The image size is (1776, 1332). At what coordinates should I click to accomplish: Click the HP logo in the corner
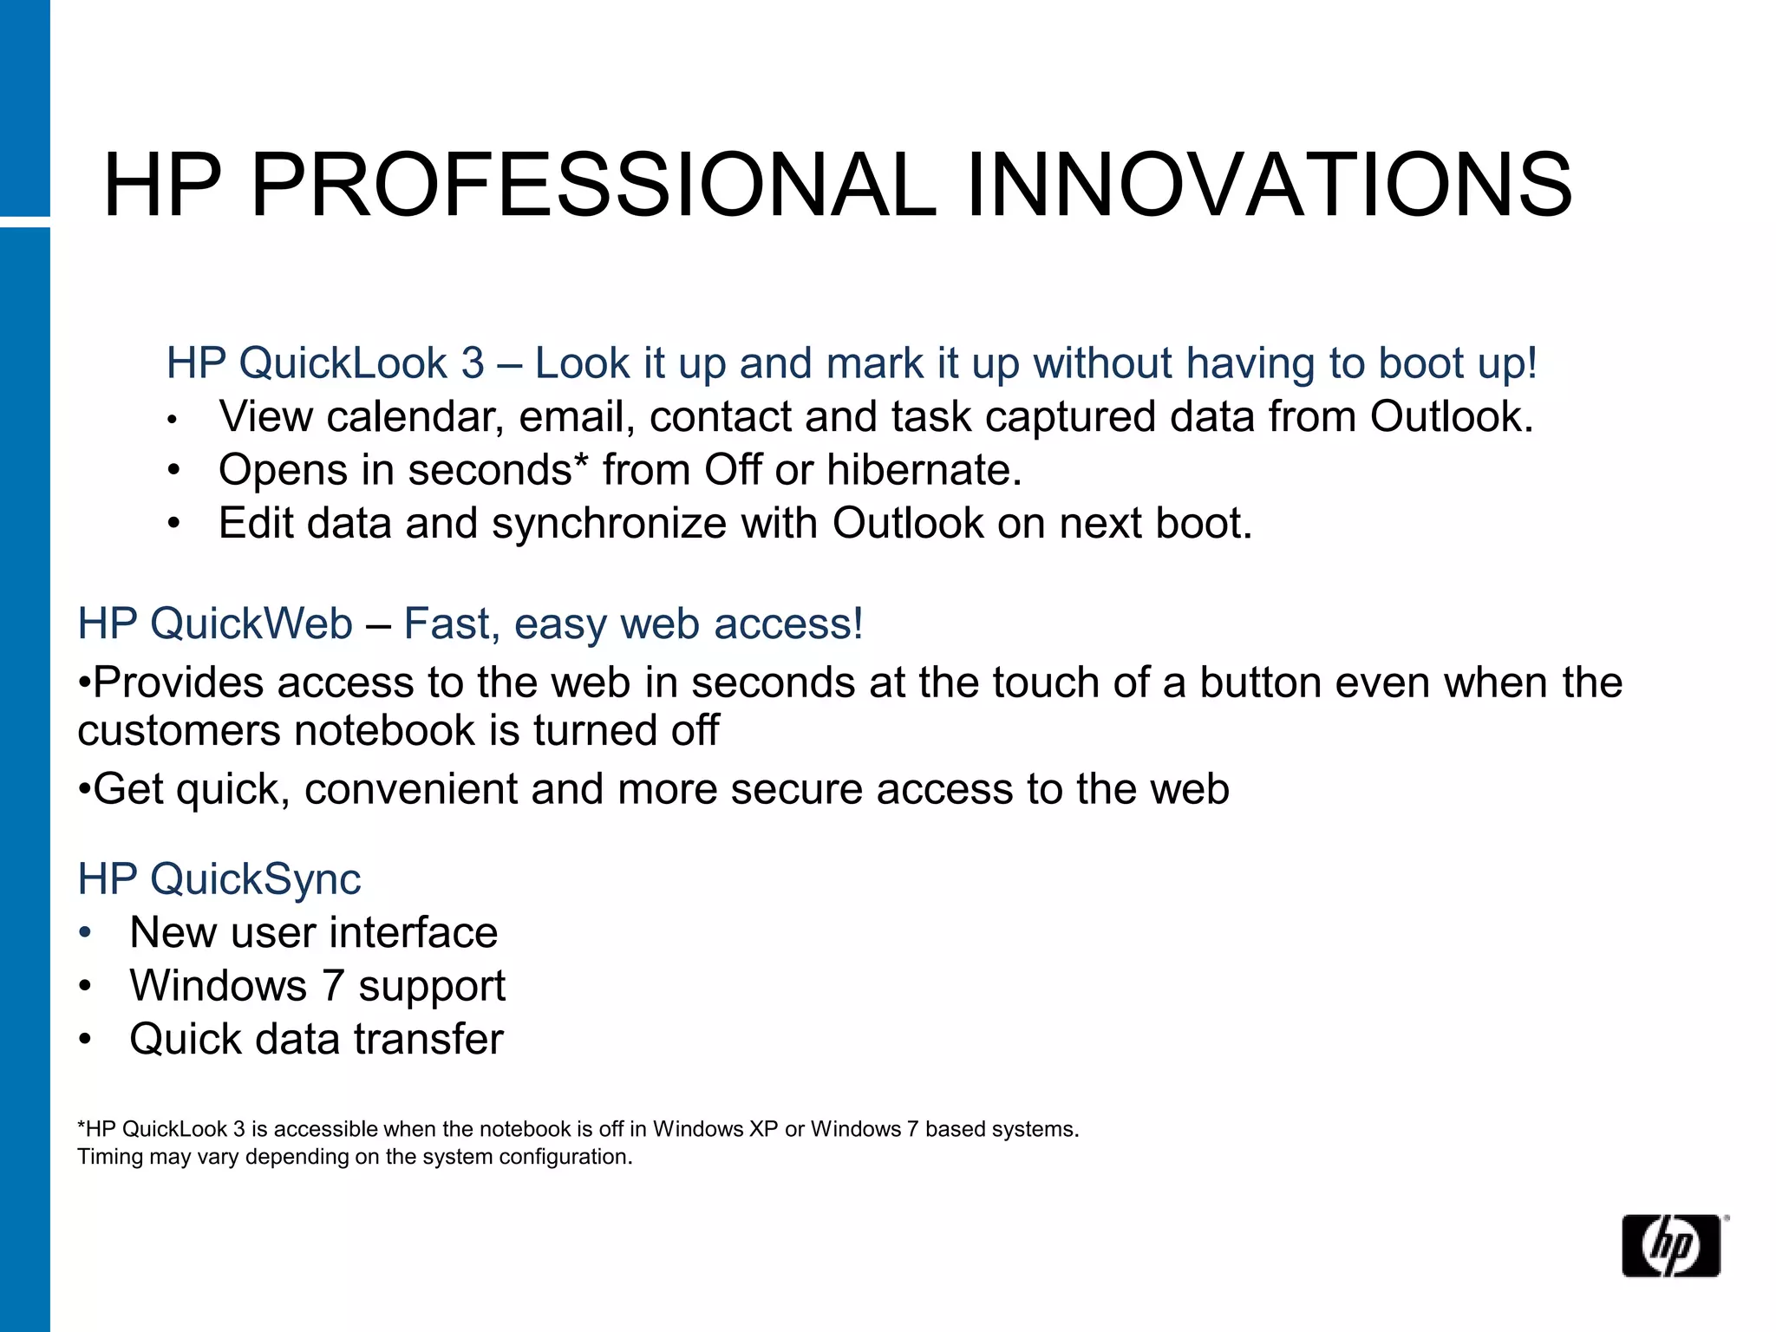click(x=1670, y=1245)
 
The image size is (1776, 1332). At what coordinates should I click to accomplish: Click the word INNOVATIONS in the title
click(x=1268, y=185)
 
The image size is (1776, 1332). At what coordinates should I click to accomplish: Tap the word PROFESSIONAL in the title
click(x=593, y=185)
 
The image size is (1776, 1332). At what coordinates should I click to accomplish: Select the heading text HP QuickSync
click(x=219, y=878)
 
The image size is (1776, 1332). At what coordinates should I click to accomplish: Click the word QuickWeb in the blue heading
click(x=251, y=624)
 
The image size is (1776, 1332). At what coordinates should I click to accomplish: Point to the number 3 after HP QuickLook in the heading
click(x=473, y=362)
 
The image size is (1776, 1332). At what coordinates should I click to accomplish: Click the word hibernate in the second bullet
click(x=924, y=470)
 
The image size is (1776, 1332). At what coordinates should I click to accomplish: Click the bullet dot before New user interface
click(x=84, y=933)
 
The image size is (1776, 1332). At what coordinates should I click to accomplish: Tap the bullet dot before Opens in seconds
click(x=173, y=471)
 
